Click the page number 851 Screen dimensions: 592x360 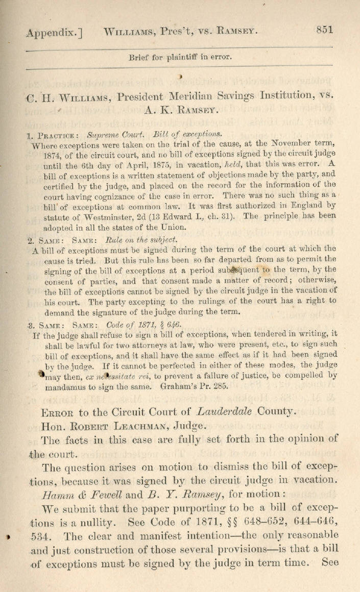click(324, 29)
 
